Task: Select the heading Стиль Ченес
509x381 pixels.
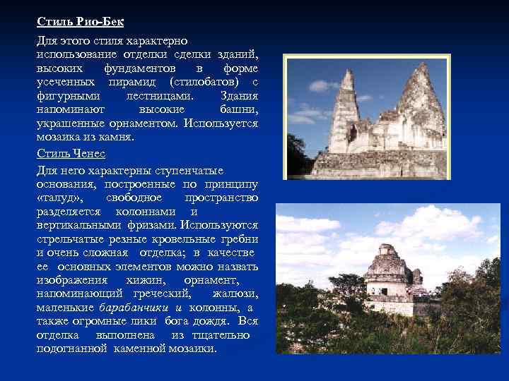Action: click(71, 153)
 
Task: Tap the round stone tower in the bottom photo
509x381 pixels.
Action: click(387, 272)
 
